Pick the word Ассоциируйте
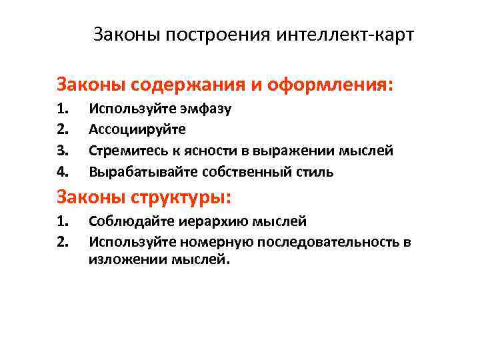[x=137, y=129]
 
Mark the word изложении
[x=123, y=260]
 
